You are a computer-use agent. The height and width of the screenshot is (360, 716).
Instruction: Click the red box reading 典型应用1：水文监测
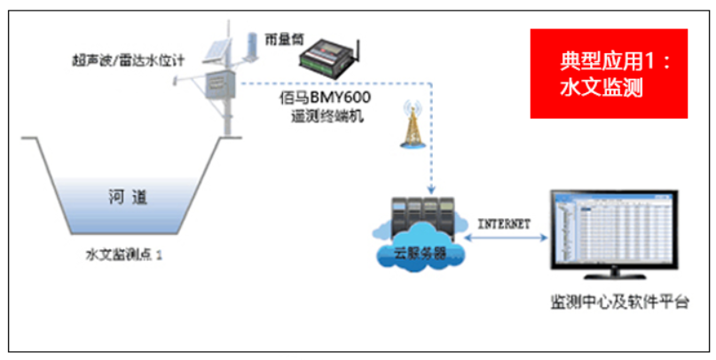pyautogui.click(x=609, y=74)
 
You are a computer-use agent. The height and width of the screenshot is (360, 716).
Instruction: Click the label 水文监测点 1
pyautogui.click(x=124, y=254)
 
